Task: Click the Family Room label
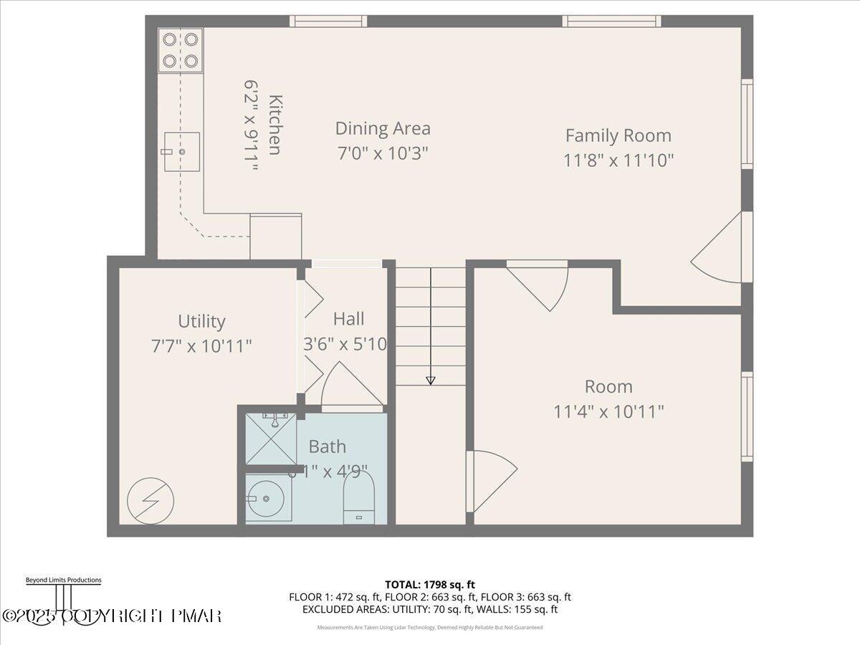618,135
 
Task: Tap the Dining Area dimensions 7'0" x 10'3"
383,153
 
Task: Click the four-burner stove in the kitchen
181,50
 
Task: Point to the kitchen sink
182,152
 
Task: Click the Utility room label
201,321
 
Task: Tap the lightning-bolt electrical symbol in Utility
150,500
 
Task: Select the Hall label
348,319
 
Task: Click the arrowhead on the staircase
430,380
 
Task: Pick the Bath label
327,446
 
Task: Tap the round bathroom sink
267,497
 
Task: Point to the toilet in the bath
359,498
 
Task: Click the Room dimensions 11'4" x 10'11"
608,412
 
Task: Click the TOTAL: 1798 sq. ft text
430,584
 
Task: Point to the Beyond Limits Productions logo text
63,580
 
